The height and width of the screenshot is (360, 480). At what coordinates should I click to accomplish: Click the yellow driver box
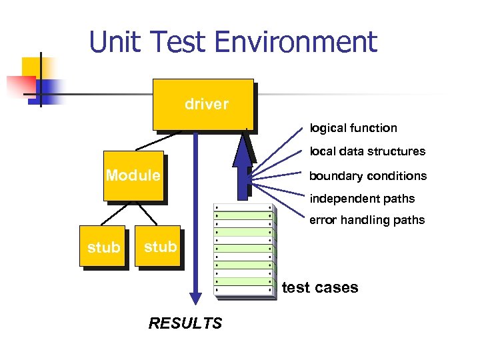pyautogui.click(x=203, y=104)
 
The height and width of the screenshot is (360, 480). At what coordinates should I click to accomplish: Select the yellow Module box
pyautogui.click(x=133, y=176)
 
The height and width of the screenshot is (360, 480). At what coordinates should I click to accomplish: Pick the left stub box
pyautogui.click(x=104, y=247)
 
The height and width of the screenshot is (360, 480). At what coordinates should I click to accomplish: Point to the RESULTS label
pyautogui.click(x=185, y=323)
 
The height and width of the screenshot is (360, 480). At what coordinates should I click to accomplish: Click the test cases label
pyautogui.click(x=320, y=288)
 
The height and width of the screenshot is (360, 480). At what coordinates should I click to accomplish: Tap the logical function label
pyautogui.click(x=353, y=128)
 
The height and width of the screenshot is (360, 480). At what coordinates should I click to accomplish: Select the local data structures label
pyautogui.click(x=367, y=151)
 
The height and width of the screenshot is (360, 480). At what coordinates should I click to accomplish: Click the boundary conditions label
pyautogui.click(x=368, y=176)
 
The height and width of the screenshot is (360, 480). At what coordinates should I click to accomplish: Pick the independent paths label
pyautogui.click(x=362, y=199)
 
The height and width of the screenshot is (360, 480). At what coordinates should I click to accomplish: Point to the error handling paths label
pyautogui.click(x=367, y=220)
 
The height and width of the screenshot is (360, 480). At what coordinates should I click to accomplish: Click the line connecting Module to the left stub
pyautogui.click(x=115, y=213)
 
